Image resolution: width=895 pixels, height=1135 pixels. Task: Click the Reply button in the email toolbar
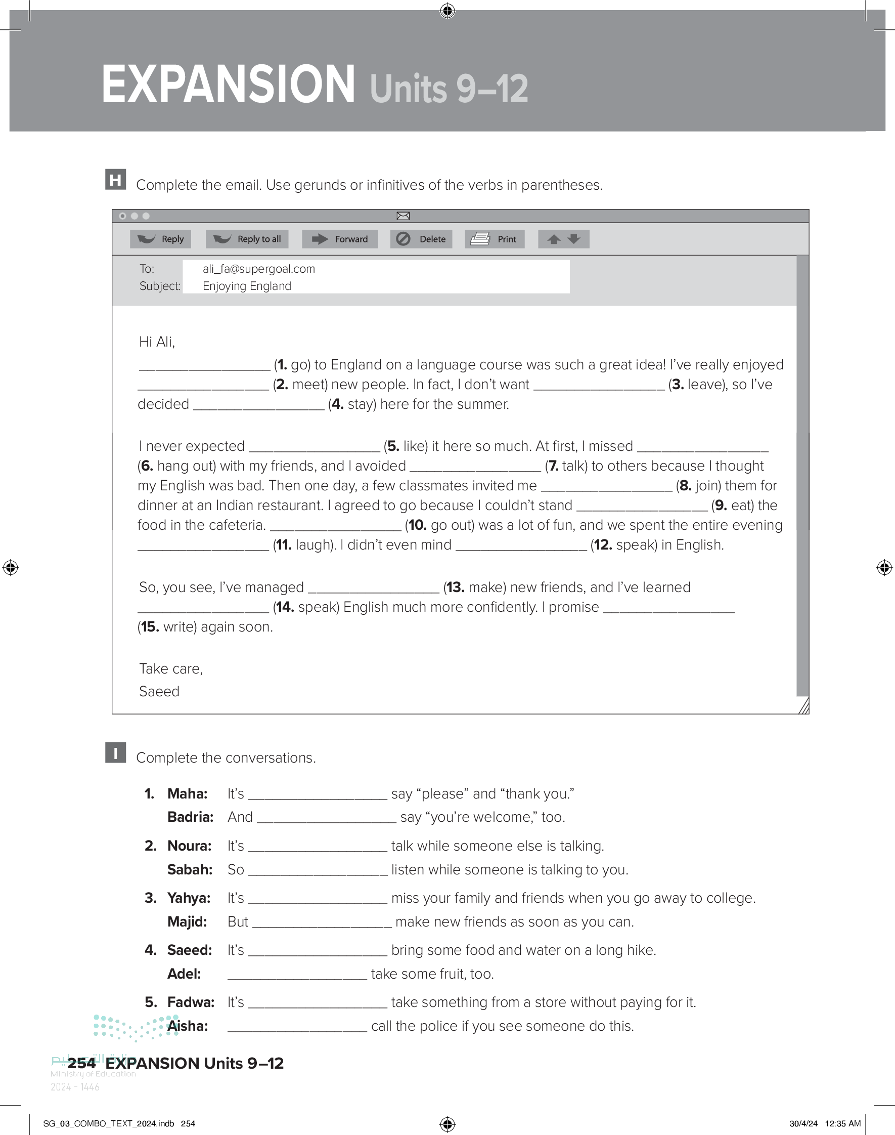(x=161, y=239)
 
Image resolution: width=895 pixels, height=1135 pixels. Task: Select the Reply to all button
(x=247, y=239)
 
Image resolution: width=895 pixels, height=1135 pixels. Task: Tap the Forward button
(x=340, y=239)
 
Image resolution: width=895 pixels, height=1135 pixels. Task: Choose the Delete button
(x=421, y=239)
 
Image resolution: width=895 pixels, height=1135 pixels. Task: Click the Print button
(x=494, y=239)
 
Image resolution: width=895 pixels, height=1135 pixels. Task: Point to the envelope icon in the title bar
(x=403, y=216)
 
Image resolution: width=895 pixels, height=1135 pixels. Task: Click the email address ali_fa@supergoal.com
(x=259, y=269)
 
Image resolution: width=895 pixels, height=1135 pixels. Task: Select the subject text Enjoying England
(x=247, y=286)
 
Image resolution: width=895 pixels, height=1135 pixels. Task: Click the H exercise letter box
(x=115, y=180)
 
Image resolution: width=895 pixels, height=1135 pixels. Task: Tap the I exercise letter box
(x=115, y=753)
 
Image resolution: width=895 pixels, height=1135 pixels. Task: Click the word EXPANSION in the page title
(x=229, y=85)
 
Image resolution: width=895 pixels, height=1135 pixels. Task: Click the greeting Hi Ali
(x=157, y=343)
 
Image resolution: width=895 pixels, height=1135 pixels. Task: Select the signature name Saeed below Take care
(x=159, y=692)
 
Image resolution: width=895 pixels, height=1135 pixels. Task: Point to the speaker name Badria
(x=190, y=817)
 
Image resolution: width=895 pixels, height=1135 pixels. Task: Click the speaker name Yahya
(x=189, y=898)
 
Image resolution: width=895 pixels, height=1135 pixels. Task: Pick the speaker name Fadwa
(x=191, y=1002)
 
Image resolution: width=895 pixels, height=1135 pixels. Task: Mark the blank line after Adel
(x=297, y=975)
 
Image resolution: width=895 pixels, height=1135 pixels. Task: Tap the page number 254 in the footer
(x=81, y=1063)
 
